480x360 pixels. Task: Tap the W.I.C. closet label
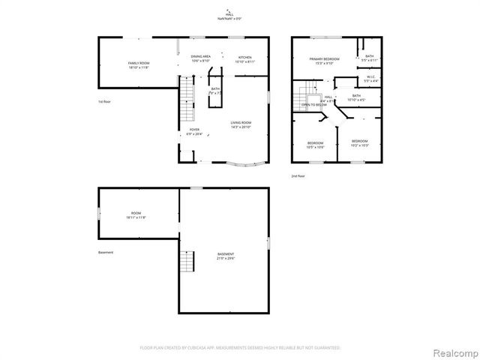click(370, 78)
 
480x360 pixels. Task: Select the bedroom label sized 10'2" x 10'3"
click(360, 143)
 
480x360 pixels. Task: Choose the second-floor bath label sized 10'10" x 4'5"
click(356, 97)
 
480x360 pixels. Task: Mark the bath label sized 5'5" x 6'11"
click(369, 58)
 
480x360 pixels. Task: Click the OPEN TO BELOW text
click(314, 105)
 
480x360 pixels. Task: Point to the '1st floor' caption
click(106, 101)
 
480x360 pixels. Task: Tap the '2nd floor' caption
click(299, 176)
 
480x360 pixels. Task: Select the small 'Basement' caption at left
click(106, 252)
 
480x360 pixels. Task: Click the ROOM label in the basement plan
click(136, 215)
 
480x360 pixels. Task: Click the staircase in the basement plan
click(187, 262)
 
